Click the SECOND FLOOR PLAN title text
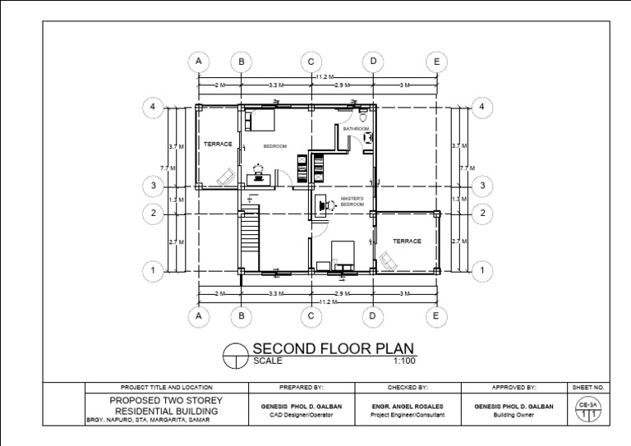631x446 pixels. (333, 347)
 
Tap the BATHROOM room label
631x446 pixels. (356, 130)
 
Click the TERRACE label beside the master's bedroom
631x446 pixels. (406, 241)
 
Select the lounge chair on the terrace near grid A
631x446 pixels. (223, 177)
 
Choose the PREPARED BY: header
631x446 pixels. (302, 387)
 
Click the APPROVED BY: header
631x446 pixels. (514, 387)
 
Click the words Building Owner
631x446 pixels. (514, 416)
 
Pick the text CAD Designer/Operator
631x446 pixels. (302, 416)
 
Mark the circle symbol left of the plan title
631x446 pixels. (237, 354)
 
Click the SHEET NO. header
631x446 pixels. (587, 387)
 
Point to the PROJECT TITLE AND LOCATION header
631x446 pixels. (166, 387)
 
